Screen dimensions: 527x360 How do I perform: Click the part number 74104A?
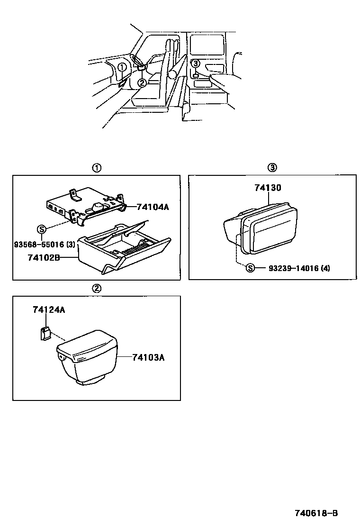pyautogui.click(x=153, y=207)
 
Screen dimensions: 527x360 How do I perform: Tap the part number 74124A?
pyautogui.click(x=49, y=310)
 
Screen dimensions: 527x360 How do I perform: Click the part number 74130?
pyautogui.click(x=268, y=188)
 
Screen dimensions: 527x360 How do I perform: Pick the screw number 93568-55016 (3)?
pyautogui.click(x=44, y=245)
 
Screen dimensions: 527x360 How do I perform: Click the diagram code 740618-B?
pyautogui.click(x=316, y=513)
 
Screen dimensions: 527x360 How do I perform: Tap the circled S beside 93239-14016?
pyautogui.click(x=250, y=268)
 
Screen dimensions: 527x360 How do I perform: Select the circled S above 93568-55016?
pyautogui.click(x=41, y=230)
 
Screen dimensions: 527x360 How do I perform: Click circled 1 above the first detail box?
pyautogui.click(x=96, y=167)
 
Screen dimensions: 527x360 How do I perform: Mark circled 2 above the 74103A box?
pyautogui.click(x=96, y=288)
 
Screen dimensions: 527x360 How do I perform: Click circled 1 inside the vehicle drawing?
pyautogui.click(x=122, y=67)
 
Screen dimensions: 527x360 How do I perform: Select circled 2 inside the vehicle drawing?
pyautogui.click(x=142, y=83)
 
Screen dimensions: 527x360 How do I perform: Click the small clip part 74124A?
pyautogui.click(x=45, y=333)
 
